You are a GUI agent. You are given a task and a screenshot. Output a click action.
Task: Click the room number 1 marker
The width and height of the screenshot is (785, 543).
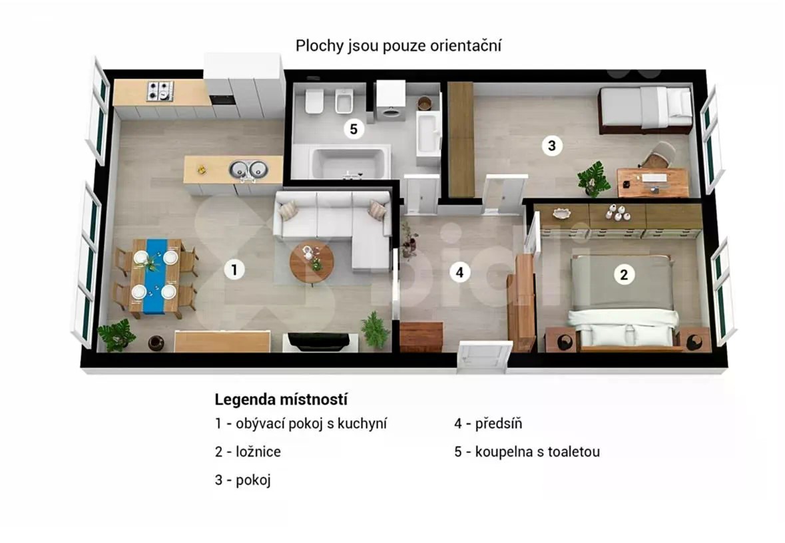pos(234,270)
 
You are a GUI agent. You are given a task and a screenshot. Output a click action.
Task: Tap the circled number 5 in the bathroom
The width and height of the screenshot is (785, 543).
pos(354,129)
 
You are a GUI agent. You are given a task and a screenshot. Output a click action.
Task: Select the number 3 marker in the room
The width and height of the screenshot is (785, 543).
pos(552,146)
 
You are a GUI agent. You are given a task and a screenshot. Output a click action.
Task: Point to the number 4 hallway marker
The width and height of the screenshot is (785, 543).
pos(459,272)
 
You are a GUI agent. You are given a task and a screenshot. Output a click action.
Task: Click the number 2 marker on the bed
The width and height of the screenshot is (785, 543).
pos(624,274)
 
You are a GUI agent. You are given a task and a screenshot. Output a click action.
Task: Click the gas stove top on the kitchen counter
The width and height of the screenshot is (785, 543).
pos(160,91)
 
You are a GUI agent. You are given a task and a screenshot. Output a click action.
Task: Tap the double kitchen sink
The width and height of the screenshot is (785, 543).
pos(249,170)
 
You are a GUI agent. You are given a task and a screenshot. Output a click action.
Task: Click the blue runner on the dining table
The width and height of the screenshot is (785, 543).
pos(155,275)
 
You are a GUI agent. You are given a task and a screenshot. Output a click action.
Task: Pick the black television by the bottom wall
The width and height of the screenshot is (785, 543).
pos(319,341)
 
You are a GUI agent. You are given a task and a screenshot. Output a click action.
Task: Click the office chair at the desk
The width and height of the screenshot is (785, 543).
pos(658,155)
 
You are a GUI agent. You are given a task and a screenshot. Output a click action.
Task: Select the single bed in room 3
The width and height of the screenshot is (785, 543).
pos(646,109)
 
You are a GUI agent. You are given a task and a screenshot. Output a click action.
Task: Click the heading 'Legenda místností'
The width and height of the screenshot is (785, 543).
pos(281,399)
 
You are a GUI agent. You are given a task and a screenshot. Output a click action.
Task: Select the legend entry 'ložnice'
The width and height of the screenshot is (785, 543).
pos(258,451)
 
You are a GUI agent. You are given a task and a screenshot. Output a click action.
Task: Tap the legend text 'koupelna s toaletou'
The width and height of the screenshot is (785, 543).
pos(537,451)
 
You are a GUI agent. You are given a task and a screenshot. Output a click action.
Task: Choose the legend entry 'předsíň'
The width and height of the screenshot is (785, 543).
pos(499,423)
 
